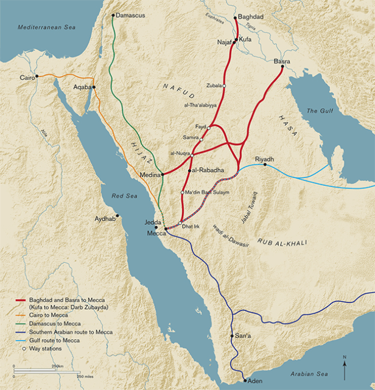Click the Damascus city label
130,15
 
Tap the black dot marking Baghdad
236,18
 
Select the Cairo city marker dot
37,76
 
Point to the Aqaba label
82,87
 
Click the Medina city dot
163,174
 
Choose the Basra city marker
282,67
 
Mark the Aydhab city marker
118,216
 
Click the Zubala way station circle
224,86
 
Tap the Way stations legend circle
23,349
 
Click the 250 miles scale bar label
85,376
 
